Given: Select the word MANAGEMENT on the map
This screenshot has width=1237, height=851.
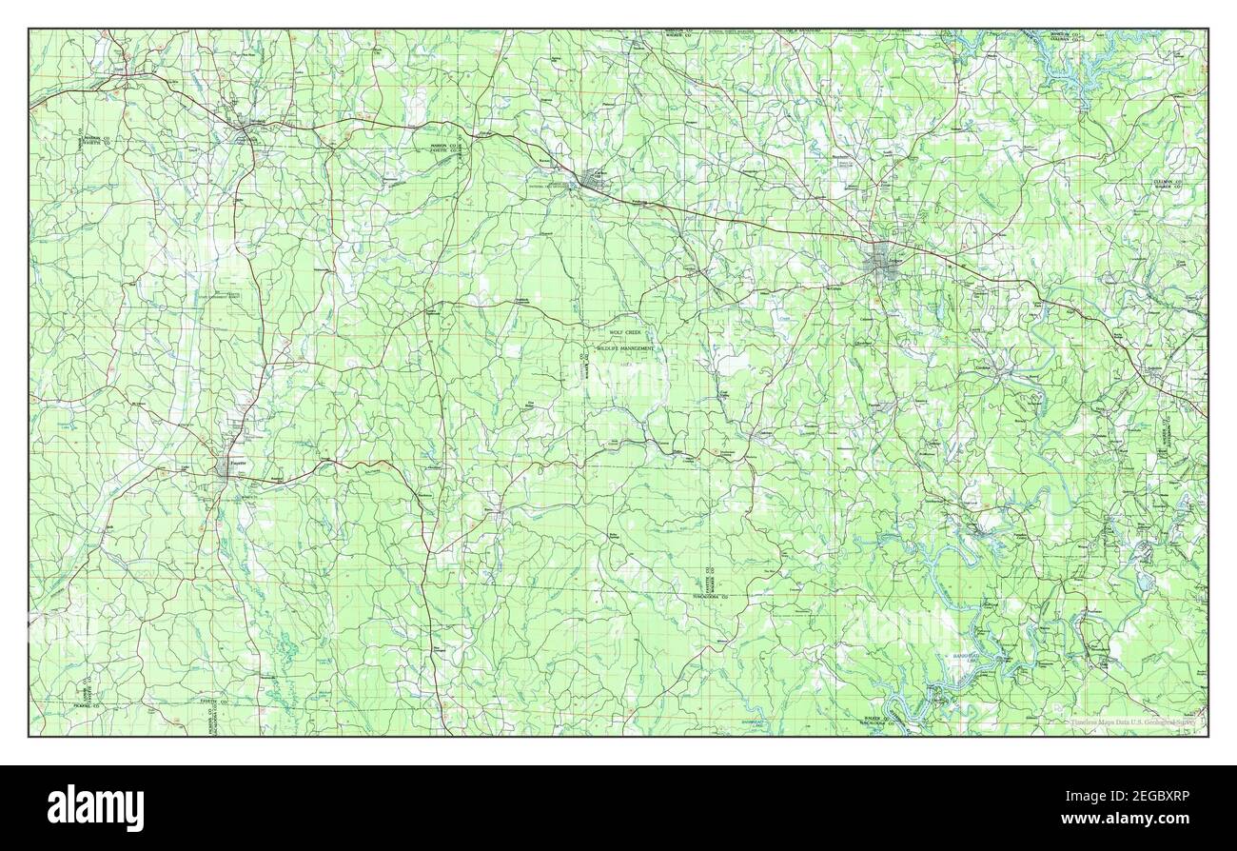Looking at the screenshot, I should point(638,349).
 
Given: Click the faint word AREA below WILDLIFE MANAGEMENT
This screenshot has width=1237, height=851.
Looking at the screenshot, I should point(625,364).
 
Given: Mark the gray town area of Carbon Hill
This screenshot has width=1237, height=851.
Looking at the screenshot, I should point(597,178).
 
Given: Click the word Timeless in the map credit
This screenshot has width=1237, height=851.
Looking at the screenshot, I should point(1085,722).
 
